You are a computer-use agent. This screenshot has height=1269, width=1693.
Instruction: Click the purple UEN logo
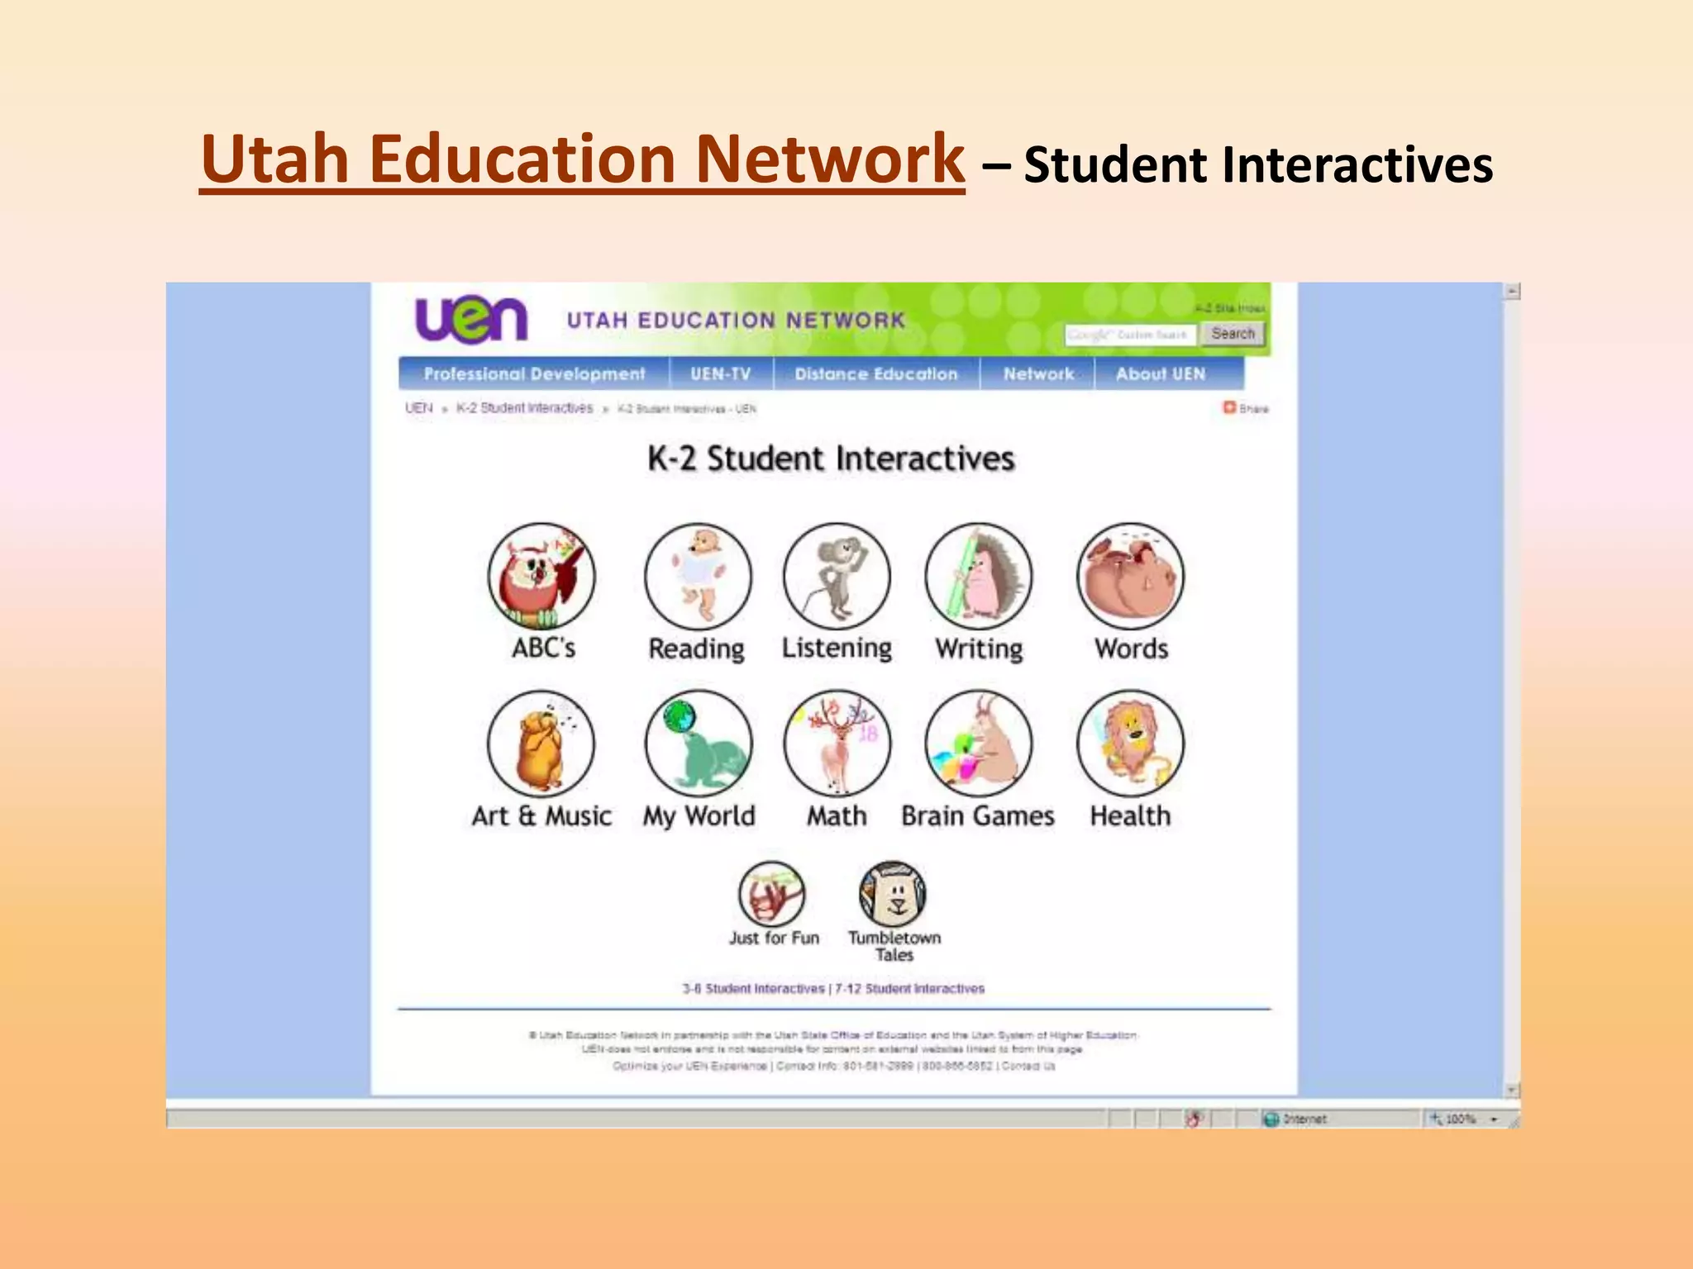tap(470, 320)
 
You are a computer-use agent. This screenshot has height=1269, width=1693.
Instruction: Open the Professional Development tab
tap(534, 374)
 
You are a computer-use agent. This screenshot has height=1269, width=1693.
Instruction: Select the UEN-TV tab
tap(721, 374)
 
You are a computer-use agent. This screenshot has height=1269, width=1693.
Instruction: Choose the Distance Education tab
tap(876, 374)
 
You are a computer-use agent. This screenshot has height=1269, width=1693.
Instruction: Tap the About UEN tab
tap(1161, 374)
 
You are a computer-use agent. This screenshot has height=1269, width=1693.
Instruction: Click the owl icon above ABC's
tap(541, 577)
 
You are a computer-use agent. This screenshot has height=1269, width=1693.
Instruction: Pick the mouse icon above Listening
tap(837, 577)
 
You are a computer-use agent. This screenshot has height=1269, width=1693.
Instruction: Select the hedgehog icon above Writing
tap(979, 577)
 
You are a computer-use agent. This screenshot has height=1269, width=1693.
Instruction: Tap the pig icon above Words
tap(1130, 577)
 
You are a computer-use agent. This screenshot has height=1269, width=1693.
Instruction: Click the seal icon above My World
tap(699, 744)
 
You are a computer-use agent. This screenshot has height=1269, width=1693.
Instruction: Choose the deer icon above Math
tap(837, 744)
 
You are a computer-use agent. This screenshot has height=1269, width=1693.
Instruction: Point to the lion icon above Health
tap(1130, 744)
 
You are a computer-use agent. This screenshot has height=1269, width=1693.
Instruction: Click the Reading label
tap(697, 649)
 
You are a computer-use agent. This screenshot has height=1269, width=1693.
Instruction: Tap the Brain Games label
tap(978, 816)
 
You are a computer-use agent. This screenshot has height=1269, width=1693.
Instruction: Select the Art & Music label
tap(541, 816)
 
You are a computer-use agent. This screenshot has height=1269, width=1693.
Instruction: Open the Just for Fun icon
tap(771, 895)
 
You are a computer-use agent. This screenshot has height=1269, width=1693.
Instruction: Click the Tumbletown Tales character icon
tap(893, 895)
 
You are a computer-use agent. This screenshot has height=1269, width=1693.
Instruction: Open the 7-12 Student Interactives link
tap(909, 989)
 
